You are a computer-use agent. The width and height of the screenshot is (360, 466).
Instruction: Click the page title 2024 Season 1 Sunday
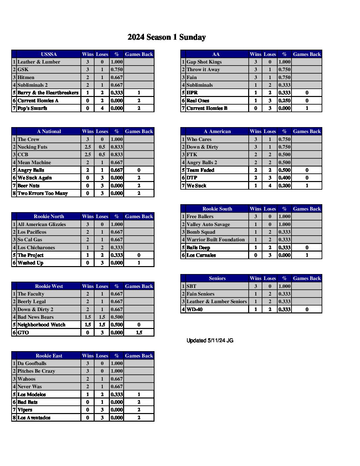166,37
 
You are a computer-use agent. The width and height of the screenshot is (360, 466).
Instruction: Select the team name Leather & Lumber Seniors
216,302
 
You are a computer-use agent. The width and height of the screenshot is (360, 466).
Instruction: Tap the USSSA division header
49,54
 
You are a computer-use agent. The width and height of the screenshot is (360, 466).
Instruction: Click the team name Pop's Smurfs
32,108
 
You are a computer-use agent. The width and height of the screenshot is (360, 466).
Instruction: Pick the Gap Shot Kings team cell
204,62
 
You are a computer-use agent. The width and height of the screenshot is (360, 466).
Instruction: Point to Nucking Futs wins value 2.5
88,147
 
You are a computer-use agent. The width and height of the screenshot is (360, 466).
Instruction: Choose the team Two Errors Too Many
42,193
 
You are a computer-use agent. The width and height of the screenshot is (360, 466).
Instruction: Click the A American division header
217,131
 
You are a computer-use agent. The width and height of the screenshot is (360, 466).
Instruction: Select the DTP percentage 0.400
284,178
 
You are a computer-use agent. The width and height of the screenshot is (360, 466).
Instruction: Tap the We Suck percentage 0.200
284,186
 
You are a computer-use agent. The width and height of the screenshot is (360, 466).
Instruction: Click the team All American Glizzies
41,224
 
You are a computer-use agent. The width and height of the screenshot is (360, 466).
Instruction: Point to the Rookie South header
217,209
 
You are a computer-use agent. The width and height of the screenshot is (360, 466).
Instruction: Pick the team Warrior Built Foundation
215,240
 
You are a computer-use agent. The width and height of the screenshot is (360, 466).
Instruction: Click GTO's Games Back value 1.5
139,333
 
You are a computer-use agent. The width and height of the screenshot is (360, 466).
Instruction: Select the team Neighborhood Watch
41,325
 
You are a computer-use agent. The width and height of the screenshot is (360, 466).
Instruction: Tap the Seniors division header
217,278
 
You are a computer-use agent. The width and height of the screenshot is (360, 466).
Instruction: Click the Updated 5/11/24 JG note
210,341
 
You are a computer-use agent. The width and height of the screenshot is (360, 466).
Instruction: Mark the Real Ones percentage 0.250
284,101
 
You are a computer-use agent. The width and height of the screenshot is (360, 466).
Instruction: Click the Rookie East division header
49,356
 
